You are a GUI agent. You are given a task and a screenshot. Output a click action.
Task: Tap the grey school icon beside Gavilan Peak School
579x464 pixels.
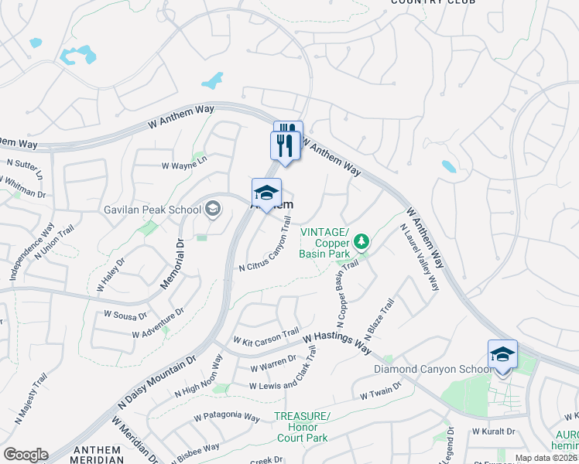click(x=212, y=209)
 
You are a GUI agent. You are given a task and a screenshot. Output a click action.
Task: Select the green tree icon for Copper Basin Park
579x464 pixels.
click(x=360, y=243)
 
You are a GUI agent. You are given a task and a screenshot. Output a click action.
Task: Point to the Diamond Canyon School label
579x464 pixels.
click(x=432, y=369)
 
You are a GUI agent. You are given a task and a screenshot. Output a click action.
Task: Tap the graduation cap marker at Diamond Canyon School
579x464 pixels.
click(x=502, y=355)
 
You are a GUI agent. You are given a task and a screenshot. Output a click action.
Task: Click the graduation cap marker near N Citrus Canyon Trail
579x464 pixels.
click(x=266, y=193)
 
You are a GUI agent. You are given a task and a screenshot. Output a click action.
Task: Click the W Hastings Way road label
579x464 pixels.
click(x=337, y=339)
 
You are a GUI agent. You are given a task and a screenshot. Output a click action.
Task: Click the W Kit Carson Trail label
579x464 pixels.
click(x=266, y=336)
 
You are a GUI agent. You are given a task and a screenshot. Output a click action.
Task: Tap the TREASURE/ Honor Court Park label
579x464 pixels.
click(x=302, y=427)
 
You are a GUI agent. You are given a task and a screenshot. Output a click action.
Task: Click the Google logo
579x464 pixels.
click(x=26, y=455)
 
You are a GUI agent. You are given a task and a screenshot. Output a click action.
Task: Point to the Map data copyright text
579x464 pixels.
click(x=546, y=458)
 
